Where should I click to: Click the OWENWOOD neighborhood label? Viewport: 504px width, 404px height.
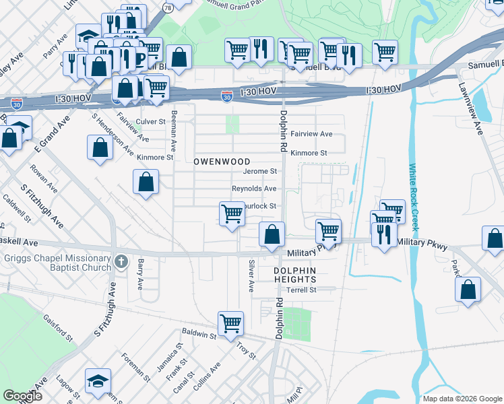(222, 162)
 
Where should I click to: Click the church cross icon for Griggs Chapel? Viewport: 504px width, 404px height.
(121, 261)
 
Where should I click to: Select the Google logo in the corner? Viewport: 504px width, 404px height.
(22, 396)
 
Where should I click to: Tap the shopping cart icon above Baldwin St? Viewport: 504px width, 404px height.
(230, 323)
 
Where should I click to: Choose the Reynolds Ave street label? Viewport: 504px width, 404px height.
(254, 189)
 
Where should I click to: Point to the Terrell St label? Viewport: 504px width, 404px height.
(301, 290)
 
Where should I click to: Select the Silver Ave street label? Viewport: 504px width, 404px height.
(251, 276)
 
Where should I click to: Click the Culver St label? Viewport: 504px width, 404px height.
(150, 122)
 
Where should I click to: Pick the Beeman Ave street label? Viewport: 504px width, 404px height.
(173, 131)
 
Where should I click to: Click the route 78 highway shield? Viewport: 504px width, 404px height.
(167, 7)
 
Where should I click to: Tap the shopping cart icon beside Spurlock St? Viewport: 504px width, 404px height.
(232, 213)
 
